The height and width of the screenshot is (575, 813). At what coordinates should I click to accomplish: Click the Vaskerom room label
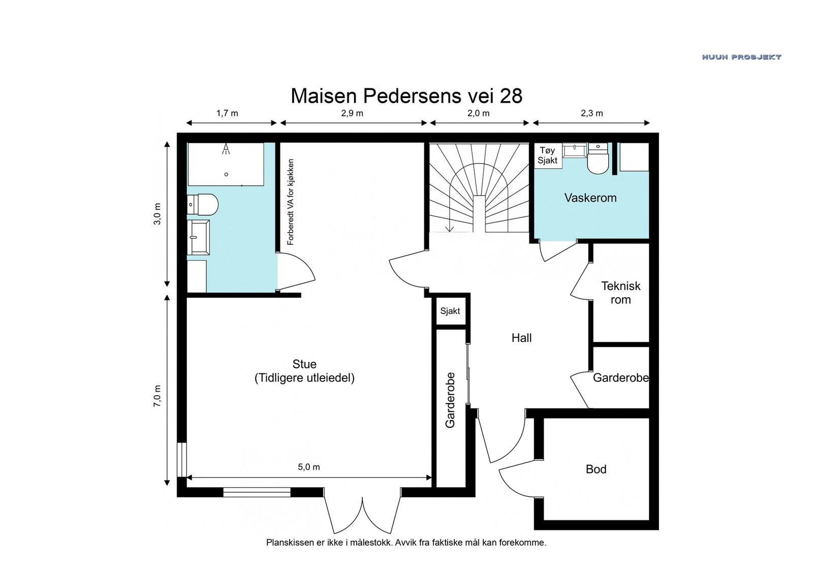coord(590,198)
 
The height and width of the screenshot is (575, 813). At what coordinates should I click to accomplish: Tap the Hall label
coord(521,338)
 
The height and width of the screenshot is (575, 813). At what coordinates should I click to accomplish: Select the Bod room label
coord(596,469)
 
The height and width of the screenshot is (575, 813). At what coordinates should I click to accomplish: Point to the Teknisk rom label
coord(620,293)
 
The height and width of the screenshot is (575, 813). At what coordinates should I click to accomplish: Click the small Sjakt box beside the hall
coord(450,310)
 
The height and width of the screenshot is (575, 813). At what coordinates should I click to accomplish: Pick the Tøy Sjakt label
coord(547,155)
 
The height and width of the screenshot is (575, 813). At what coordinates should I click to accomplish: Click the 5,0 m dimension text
coord(309,467)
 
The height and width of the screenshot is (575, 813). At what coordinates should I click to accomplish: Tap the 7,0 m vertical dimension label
coord(157,396)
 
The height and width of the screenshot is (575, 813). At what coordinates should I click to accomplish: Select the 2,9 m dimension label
coord(352,113)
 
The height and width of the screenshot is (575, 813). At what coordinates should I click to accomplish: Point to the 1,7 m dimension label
coord(227,113)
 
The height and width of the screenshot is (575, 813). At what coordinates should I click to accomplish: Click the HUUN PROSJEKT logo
coord(741,57)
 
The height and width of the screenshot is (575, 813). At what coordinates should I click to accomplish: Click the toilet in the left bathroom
coord(203,204)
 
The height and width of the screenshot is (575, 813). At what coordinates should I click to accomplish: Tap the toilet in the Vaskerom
coord(598,159)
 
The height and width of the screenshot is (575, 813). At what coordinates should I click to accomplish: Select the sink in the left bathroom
coord(198,237)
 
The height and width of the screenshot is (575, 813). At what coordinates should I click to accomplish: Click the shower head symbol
coord(226,149)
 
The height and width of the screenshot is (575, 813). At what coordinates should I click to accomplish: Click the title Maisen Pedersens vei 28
coord(407,96)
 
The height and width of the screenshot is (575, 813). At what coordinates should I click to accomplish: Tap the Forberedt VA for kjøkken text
coord(290,202)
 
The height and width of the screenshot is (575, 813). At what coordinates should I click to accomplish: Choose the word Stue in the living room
coord(304,364)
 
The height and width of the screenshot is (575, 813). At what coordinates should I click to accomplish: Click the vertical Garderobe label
coord(450,400)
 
